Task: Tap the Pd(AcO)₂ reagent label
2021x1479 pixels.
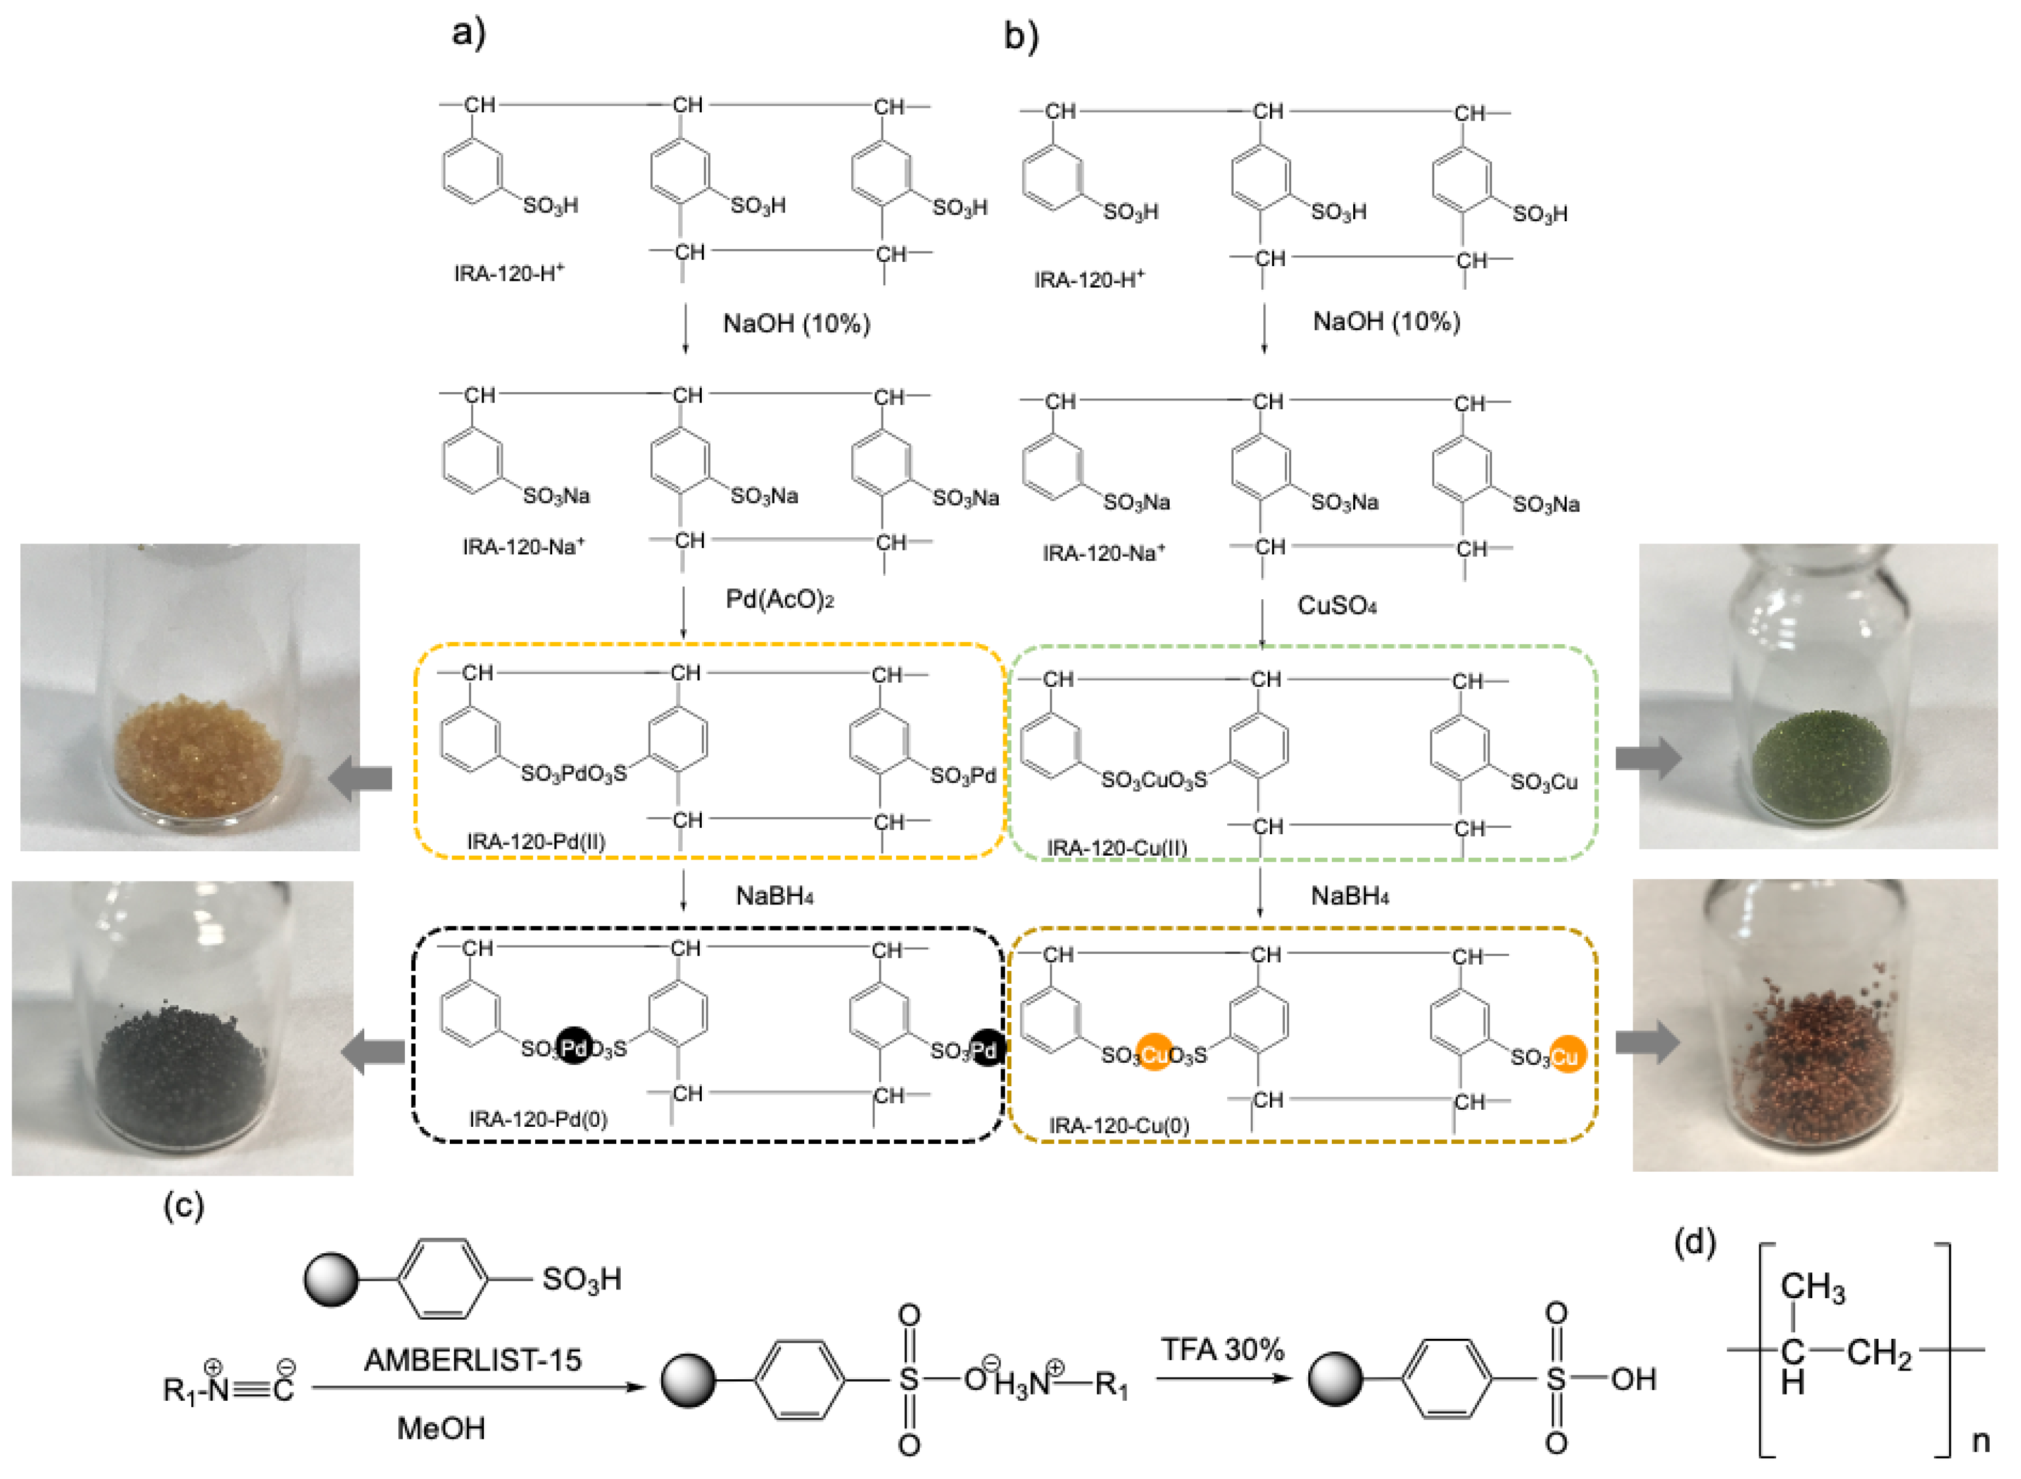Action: [779, 600]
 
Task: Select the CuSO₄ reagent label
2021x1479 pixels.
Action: [1336, 606]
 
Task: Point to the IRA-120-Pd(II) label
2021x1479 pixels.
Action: [535, 841]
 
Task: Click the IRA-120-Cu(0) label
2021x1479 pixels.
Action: [1118, 1125]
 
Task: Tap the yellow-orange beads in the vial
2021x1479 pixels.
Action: [199, 752]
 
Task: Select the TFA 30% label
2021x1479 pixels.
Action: [1222, 1349]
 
